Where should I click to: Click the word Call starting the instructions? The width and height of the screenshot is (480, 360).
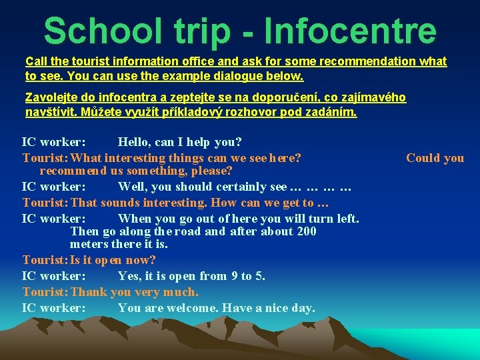pos(36,61)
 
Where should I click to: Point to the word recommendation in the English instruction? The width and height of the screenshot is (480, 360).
pos(368,61)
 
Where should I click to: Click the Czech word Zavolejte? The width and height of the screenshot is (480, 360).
pos(52,98)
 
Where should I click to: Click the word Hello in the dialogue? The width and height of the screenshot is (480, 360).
pos(135,142)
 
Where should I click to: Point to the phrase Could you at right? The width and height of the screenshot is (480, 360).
pos(435,158)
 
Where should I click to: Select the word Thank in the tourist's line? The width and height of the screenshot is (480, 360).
pos(89,292)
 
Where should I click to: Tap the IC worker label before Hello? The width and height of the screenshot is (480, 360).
pos(53,142)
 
